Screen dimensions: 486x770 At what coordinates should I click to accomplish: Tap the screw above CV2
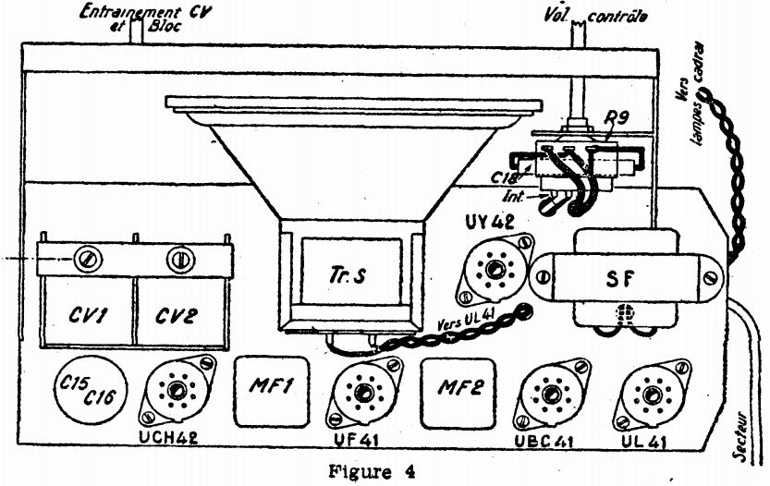pos(176,259)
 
